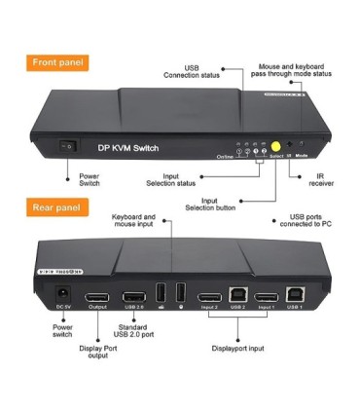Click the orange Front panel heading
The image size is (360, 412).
click(57, 62)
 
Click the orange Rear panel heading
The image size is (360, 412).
click(55, 208)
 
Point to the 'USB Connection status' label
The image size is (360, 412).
click(192, 70)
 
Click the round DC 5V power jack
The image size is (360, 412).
click(63, 294)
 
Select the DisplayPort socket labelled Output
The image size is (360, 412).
click(97, 296)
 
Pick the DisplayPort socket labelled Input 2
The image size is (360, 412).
click(208, 296)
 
